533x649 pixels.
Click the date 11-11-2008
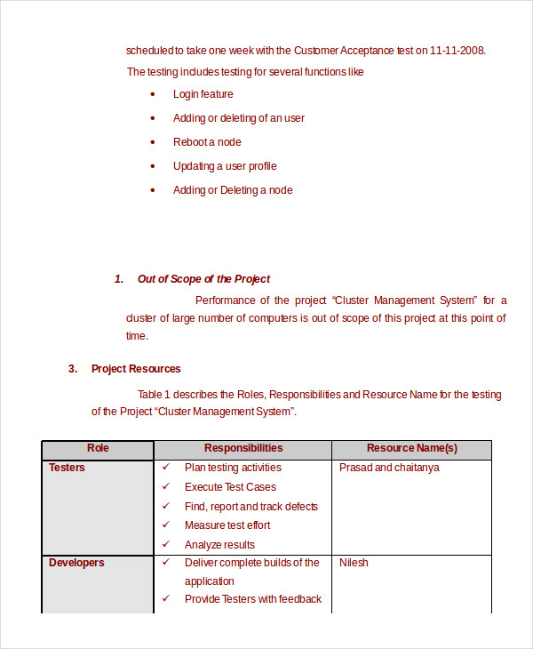pyautogui.click(x=457, y=51)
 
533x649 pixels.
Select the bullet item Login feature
pyautogui.click(x=203, y=94)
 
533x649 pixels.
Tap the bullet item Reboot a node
pyautogui.click(x=207, y=142)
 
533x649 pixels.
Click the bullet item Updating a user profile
pyautogui.click(x=225, y=166)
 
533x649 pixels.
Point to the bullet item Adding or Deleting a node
pyautogui.click(x=233, y=190)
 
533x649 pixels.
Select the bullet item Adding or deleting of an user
pyautogui.click(x=239, y=118)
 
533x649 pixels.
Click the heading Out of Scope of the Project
pyautogui.click(x=203, y=279)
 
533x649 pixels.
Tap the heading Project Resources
pyautogui.click(x=136, y=369)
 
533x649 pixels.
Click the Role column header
pyautogui.click(x=98, y=449)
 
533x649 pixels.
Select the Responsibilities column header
pyautogui.click(x=243, y=449)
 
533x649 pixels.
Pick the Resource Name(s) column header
pyautogui.click(x=412, y=449)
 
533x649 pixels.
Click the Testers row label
pyautogui.click(x=67, y=468)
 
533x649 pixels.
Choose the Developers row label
pyautogui.click(x=76, y=563)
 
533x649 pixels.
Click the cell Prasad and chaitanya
pyautogui.click(x=389, y=468)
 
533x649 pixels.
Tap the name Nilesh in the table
pyautogui.click(x=354, y=563)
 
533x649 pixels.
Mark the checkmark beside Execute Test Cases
pyautogui.click(x=165, y=487)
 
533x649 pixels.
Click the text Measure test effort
pyautogui.click(x=227, y=525)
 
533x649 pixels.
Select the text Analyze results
pyautogui.click(x=219, y=545)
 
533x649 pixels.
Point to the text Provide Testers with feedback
pyautogui.click(x=253, y=599)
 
